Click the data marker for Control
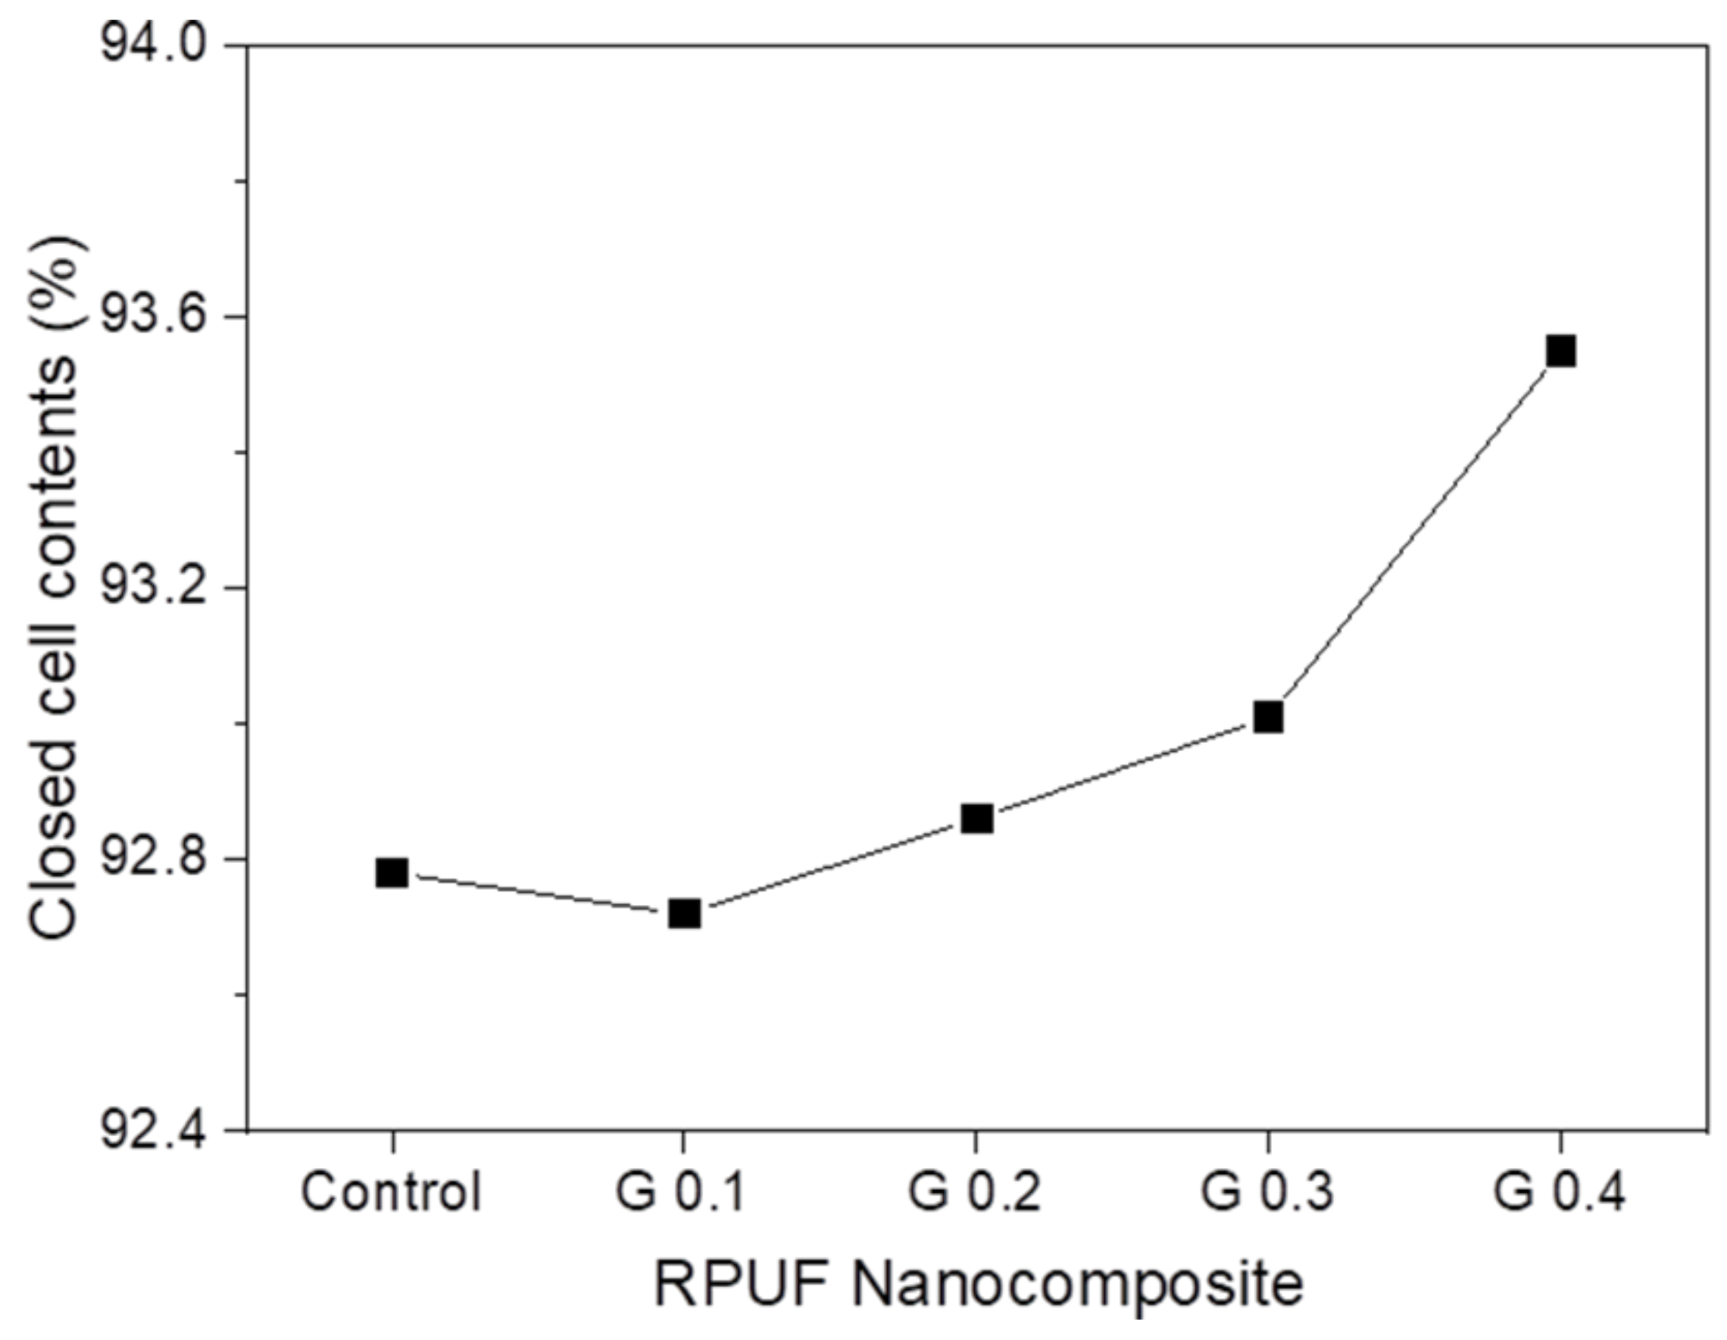(x=392, y=873)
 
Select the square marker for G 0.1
(x=685, y=913)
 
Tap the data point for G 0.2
(x=977, y=819)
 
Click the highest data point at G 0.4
(x=1561, y=350)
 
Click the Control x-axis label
(x=391, y=1192)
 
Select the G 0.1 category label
(x=680, y=1192)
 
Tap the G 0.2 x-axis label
(x=973, y=1192)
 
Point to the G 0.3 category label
(x=1266, y=1192)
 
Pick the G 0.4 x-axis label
(x=1559, y=1192)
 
